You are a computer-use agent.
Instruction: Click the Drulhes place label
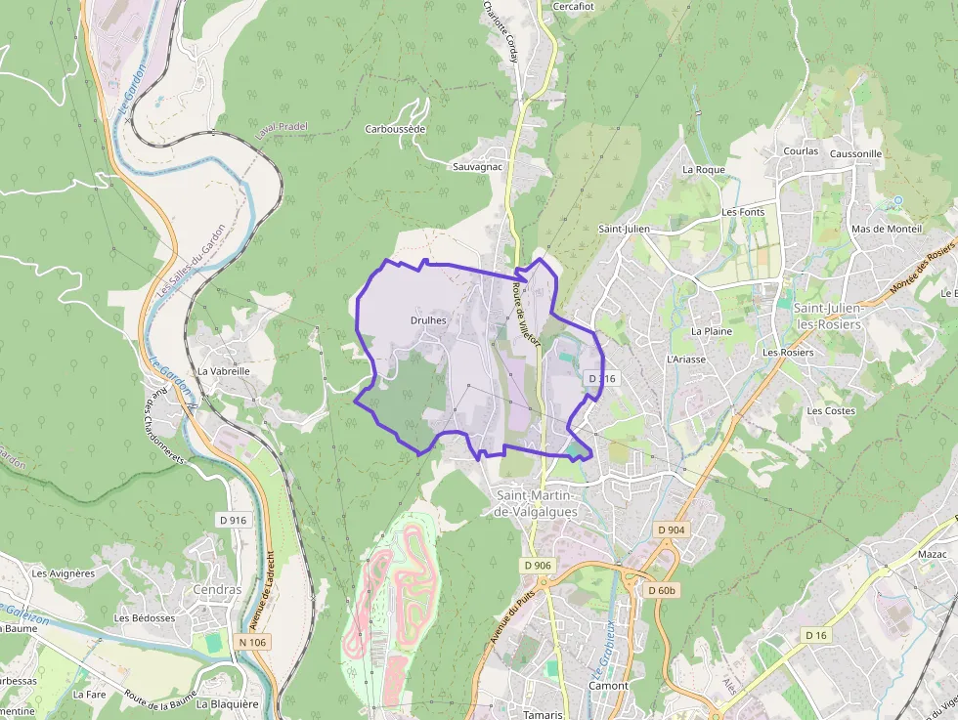click(429, 319)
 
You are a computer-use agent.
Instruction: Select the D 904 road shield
click(672, 529)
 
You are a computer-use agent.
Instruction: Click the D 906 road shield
click(538, 565)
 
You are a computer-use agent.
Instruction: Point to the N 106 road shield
click(252, 642)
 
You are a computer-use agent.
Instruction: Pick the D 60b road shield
click(663, 590)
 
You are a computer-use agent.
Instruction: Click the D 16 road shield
click(816, 635)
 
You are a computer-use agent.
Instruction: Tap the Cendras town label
click(217, 590)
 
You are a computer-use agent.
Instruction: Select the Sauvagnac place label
click(477, 167)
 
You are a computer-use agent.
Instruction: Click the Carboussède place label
click(396, 129)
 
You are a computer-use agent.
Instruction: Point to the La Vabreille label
click(224, 371)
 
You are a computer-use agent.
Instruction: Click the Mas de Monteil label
click(887, 229)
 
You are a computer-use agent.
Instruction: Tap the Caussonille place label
click(855, 153)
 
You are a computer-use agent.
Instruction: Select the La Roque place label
click(704, 169)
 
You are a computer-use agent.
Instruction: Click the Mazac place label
click(934, 553)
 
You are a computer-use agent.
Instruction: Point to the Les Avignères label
click(64, 573)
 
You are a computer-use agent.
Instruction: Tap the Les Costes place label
click(831, 410)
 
